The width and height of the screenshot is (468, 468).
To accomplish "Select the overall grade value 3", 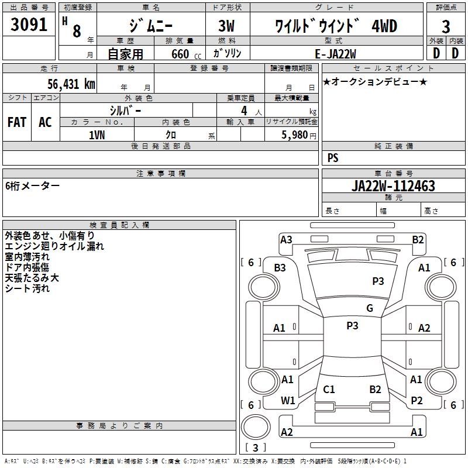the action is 446,27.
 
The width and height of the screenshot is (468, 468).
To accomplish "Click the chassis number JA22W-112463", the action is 393,186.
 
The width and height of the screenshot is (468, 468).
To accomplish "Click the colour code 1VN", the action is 97,135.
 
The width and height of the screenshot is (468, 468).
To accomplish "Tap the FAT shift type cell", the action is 17,122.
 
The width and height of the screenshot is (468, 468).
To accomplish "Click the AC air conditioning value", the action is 45,122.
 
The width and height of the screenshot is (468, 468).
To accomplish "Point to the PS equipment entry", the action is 333,158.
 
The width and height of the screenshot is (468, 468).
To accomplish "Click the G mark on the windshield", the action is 370,308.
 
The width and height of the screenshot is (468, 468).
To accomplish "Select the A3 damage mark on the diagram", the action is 286,239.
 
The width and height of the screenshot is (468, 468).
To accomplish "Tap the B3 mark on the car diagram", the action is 280,268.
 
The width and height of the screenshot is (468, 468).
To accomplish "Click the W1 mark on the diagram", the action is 288,401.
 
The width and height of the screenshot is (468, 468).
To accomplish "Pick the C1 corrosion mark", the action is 329,389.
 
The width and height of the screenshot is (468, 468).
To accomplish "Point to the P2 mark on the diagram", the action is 417,401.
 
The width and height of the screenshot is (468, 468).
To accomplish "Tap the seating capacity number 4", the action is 243,111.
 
